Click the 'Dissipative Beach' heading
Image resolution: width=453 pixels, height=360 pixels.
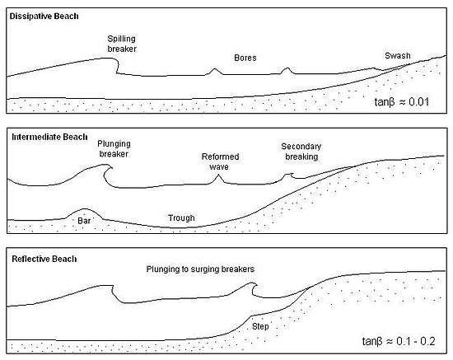[x=44, y=16]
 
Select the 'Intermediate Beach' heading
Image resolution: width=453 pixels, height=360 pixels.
[x=49, y=137]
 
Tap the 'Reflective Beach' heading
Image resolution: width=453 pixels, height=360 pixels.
[x=44, y=259]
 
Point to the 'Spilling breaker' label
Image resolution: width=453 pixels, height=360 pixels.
[x=122, y=44]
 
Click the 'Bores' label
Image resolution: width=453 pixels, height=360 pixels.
[x=245, y=58]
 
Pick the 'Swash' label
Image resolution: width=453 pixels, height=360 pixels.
[x=398, y=56]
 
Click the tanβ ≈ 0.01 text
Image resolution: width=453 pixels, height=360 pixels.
[x=402, y=102]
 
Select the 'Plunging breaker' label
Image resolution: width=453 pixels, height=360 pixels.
[x=114, y=149]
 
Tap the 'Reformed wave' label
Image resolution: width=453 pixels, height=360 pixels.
[x=220, y=161]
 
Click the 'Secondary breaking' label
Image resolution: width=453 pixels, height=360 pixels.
[x=301, y=152]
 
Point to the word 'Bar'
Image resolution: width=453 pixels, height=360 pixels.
[x=84, y=221]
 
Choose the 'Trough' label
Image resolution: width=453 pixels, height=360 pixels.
[x=181, y=217]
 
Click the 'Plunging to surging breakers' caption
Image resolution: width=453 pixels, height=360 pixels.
[x=200, y=269]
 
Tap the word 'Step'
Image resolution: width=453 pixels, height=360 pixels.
[x=260, y=326]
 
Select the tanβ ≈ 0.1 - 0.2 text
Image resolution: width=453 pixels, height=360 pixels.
[x=399, y=341]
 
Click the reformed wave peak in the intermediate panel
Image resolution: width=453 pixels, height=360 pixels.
[x=218, y=175]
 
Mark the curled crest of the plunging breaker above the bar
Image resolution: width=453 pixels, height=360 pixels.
[x=107, y=166]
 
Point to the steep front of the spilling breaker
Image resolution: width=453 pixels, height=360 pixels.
[x=117, y=66]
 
